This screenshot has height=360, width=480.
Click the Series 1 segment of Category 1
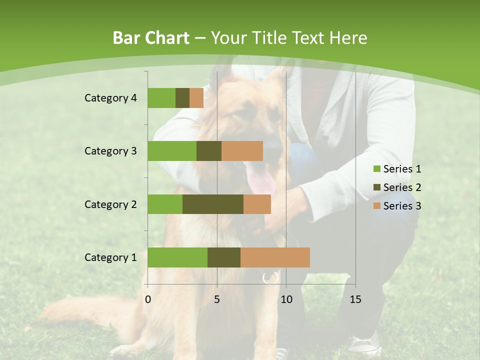[177, 257]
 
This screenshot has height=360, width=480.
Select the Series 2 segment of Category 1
[224, 257]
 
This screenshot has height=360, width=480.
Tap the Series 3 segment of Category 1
[275, 257]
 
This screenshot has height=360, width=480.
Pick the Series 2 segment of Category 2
[213, 204]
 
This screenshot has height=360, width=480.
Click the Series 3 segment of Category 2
[257, 204]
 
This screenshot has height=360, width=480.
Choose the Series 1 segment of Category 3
[172, 151]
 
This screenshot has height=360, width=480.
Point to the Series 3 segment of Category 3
[242, 151]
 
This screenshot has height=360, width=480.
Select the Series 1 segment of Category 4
[161, 98]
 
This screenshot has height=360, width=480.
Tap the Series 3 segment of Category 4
[196, 98]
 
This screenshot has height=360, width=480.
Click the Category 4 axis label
[110, 98]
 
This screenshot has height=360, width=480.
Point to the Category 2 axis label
[110, 204]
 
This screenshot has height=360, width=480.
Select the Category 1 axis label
[110, 257]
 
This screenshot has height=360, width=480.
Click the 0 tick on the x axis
[148, 299]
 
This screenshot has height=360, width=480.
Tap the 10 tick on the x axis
[286, 299]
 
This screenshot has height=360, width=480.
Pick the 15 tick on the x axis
[355, 299]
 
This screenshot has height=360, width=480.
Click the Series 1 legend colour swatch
[376, 169]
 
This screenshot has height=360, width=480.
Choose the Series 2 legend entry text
[402, 187]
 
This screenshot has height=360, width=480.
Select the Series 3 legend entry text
[402, 206]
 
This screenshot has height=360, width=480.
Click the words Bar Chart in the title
[151, 38]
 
